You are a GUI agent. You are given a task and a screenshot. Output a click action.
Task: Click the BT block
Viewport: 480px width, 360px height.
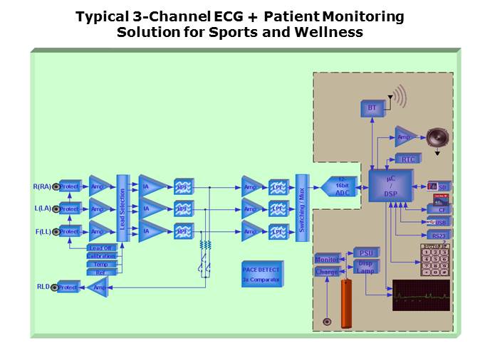pyautogui.click(x=371, y=108)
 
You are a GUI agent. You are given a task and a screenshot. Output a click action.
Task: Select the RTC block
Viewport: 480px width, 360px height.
pyautogui.click(x=408, y=159)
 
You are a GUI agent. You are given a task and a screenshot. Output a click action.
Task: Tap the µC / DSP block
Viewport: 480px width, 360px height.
pyautogui.click(x=390, y=186)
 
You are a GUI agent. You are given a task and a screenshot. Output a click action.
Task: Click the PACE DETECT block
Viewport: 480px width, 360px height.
pyautogui.click(x=261, y=274)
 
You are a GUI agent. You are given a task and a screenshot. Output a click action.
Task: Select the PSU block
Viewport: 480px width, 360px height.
pyautogui.click(x=366, y=253)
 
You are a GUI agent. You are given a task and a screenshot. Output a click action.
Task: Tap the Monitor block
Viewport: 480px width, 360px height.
pyautogui.click(x=327, y=260)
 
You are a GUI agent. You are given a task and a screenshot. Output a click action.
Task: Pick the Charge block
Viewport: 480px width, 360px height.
pyautogui.click(x=327, y=272)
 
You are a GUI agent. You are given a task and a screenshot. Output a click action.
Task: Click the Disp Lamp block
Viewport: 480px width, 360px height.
pyautogui.click(x=365, y=267)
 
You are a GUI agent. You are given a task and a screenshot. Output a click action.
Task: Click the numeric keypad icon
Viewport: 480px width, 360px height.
pyautogui.click(x=434, y=260)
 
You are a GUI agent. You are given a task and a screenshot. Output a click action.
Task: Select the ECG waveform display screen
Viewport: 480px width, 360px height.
pyautogui.click(x=421, y=295)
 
